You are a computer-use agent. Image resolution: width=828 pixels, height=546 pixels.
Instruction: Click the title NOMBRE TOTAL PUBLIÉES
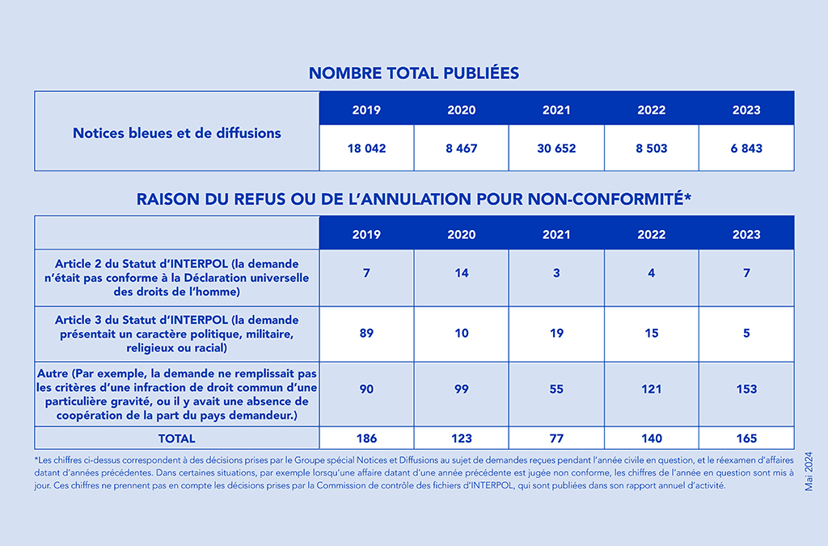pyautogui.click(x=414, y=73)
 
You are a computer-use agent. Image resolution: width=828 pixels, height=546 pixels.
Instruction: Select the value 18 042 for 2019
pyautogui.click(x=366, y=149)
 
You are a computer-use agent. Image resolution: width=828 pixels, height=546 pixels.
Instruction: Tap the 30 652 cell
pyautogui.click(x=556, y=149)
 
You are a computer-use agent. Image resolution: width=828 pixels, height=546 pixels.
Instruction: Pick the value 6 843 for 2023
pyautogui.click(x=746, y=149)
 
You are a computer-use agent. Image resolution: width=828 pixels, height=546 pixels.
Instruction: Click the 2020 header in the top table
pyautogui.click(x=462, y=111)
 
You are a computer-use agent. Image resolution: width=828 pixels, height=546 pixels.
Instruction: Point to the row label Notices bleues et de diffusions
pyautogui.click(x=177, y=133)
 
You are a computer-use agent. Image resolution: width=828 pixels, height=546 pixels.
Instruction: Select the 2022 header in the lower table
pyautogui.click(x=651, y=235)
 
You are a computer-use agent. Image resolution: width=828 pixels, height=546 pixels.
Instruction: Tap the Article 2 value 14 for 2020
pyautogui.click(x=462, y=273)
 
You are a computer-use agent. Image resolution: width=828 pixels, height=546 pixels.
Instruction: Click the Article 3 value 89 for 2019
pyautogui.click(x=366, y=334)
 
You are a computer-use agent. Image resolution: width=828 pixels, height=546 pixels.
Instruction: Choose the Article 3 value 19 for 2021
pyautogui.click(x=556, y=334)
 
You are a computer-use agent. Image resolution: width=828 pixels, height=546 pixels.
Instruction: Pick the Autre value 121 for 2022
pyautogui.click(x=651, y=389)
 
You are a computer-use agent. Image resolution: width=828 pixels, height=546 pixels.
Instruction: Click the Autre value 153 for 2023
pyautogui.click(x=746, y=389)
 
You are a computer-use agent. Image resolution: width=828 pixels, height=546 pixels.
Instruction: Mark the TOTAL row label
pyautogui.click(x=177, y=439)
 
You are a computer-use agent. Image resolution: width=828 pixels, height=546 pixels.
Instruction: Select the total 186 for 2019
pyautogui.click(x=366, y=439)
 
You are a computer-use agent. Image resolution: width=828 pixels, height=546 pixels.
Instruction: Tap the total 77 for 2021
pyautogui.click(x=556, y=439)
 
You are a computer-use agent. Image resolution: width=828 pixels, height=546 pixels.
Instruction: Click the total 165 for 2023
pyautogui.click(x=746, y=439)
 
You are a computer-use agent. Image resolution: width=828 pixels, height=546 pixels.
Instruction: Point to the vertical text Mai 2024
pyautogui.click(x=809, y=472)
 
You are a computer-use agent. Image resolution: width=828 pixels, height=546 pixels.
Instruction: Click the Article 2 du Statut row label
pyautogui.click(x=177, y=278)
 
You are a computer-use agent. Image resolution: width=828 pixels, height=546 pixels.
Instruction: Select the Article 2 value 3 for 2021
pyautogui.click(x=556, y=273)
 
